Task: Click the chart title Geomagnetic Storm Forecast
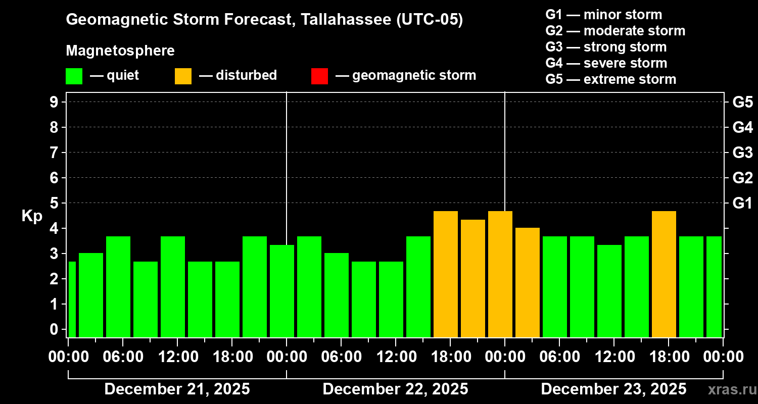[x=264, y=20]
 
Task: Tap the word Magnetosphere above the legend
[x=120, y=51]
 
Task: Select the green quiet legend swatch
[x=74, y=76]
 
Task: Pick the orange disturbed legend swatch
[x=183, y=76]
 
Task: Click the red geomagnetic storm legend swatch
[x=319, y=76]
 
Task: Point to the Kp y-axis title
[x=32, y=216]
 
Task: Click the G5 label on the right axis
[x=742, y=102]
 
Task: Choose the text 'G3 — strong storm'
[x=606, y=47]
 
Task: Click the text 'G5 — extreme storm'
[x=610, y=79]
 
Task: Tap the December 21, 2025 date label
[x=177, y=389]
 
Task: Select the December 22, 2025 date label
[x=395, y=389]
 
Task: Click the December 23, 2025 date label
[x=613, y=389]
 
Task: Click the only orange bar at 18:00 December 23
[x=664, y=274]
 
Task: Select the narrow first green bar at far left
[x=72, y=299]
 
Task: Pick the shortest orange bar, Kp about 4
[x=528, y=282]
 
